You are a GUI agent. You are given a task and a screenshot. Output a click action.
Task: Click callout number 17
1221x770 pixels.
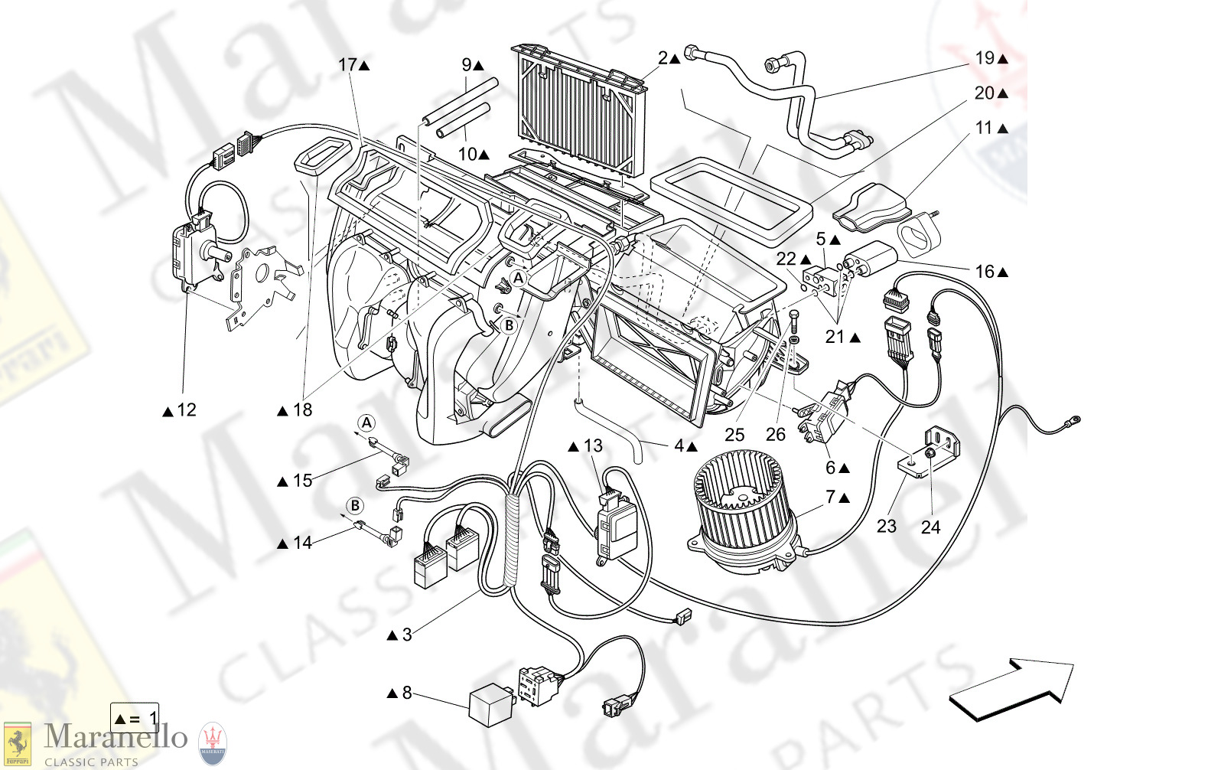point(348,64)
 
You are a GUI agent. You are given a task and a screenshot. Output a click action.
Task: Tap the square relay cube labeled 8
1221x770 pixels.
point(490,704)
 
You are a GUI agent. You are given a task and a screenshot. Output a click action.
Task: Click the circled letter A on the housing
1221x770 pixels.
point(518,278)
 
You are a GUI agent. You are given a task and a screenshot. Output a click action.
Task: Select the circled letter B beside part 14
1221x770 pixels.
point(355,505)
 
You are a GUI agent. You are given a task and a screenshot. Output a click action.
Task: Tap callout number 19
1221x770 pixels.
point(985,58)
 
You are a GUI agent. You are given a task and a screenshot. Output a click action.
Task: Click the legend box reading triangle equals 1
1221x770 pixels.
point(135,718)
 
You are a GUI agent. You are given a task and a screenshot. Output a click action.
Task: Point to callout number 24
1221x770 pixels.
point(930,527)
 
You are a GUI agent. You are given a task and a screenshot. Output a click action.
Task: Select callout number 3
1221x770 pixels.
point(407,635)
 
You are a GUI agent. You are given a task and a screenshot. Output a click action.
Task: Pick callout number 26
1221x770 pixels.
point(776,435)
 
